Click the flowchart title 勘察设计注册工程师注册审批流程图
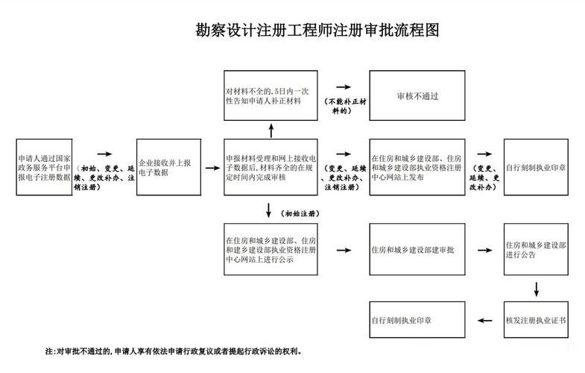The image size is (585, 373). [x=317, y=31]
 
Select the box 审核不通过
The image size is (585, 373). [x=417, y=96]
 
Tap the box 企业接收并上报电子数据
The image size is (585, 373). [x=168, y=166]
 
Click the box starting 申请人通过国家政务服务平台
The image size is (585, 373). [x=43, y=166]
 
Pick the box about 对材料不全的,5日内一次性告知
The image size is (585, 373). [x=272, y=96]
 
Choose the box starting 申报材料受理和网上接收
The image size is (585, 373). [x=272, y=166]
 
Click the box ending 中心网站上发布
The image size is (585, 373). [x=417, y=166]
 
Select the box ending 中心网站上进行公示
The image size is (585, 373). [x=272, y=251]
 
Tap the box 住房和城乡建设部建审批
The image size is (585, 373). [x=417, y=251]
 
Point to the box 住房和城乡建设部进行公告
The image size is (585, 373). [x=536, y=251]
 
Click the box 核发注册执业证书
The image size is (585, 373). [x=536, y=320]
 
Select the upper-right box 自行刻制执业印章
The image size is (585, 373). [x=536, y=166]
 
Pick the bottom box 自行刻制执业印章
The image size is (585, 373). [x=417, y=320]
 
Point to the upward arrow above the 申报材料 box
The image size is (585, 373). [x=272, y=131]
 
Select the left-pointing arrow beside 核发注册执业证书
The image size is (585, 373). [x=485, y=320]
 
